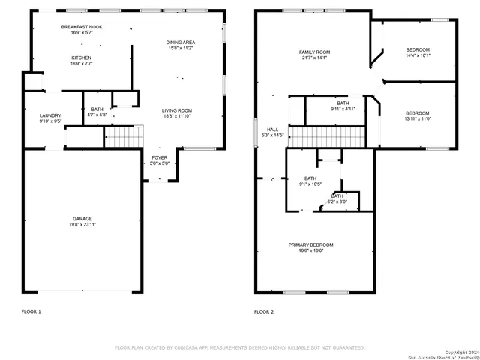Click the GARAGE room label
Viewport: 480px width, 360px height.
(x=82, y=219)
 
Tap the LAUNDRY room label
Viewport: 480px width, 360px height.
(x=50, y=115)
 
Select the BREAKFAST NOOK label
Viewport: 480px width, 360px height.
(x=82, y=26)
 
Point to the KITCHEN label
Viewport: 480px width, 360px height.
(x=82, y=58)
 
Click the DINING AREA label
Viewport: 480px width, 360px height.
(x=181, y=43)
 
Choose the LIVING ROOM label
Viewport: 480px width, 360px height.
(x=177, y=110)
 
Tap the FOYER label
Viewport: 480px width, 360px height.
(x=160, y=157)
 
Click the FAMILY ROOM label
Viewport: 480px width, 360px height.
(x=315, y=52)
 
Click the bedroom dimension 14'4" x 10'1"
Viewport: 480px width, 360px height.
(x=417, y=55)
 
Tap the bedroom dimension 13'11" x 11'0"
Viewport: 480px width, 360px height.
(x=418, y=118)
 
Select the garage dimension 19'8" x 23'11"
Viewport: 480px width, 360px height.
(x=82, y=225)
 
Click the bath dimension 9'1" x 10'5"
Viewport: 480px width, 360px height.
(x=310, y=184)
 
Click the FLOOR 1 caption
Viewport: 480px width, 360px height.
(x=31, y=311)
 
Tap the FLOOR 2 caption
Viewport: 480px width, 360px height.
(x=264, y=311)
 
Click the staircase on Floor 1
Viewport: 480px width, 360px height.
(x=122, y=137)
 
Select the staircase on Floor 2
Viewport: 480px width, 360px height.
(x=326, y=137)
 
